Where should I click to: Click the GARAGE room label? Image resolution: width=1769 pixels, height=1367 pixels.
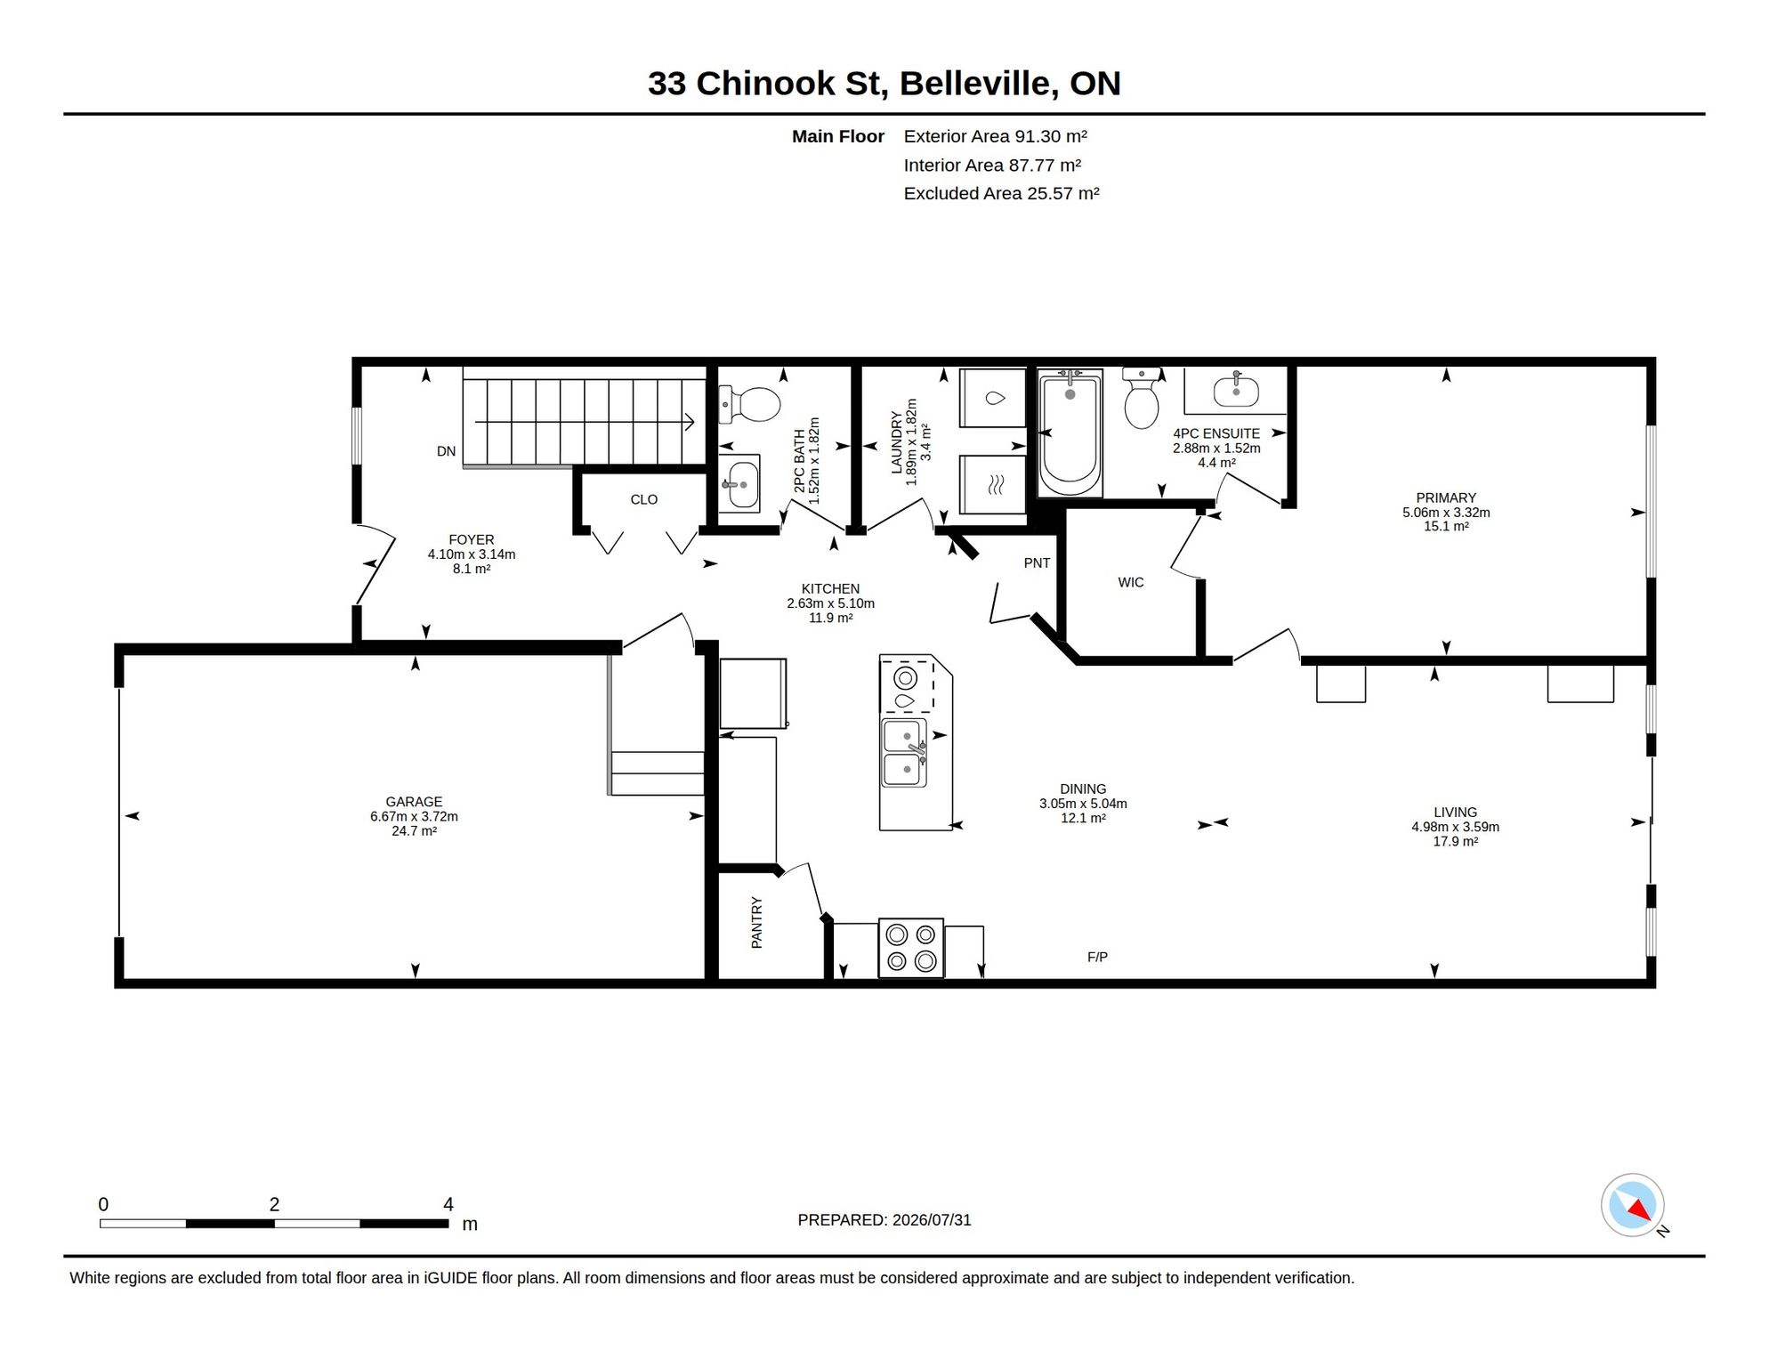point(414,802)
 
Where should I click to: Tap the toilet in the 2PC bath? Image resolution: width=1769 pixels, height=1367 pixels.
point(749,405)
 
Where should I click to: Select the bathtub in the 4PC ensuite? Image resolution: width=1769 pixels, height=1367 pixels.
point(1070,433)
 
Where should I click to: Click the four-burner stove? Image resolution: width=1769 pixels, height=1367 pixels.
point(911,948)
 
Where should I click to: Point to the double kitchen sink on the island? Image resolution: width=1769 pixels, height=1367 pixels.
point(904,753)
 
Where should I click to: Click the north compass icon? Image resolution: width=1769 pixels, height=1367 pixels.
point(1633,1205)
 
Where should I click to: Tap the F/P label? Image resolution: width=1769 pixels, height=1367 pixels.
point(1097,957)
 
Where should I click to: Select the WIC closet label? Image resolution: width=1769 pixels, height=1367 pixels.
point(1131,582)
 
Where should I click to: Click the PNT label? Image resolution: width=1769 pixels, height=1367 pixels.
point(1037,562)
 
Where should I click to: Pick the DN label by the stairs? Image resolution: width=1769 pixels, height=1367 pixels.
point(446,451)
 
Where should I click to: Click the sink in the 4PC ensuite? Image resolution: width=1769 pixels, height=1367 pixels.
point(1236,391)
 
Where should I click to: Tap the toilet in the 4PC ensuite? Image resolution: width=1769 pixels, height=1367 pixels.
point(1142,398)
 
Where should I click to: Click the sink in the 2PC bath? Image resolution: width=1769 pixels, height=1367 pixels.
point(739,483)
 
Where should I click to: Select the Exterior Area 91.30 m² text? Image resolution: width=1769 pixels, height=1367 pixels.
point(996,136)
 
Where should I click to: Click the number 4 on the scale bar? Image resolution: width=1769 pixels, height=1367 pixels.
point(448,1204)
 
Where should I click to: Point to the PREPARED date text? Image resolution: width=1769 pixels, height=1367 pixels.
point(884,1220)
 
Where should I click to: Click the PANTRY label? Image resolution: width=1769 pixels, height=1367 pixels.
point(756,923)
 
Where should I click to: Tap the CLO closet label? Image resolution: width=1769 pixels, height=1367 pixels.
point(644,499)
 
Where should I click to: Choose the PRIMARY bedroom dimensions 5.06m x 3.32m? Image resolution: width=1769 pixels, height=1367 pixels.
point(1446,513)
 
